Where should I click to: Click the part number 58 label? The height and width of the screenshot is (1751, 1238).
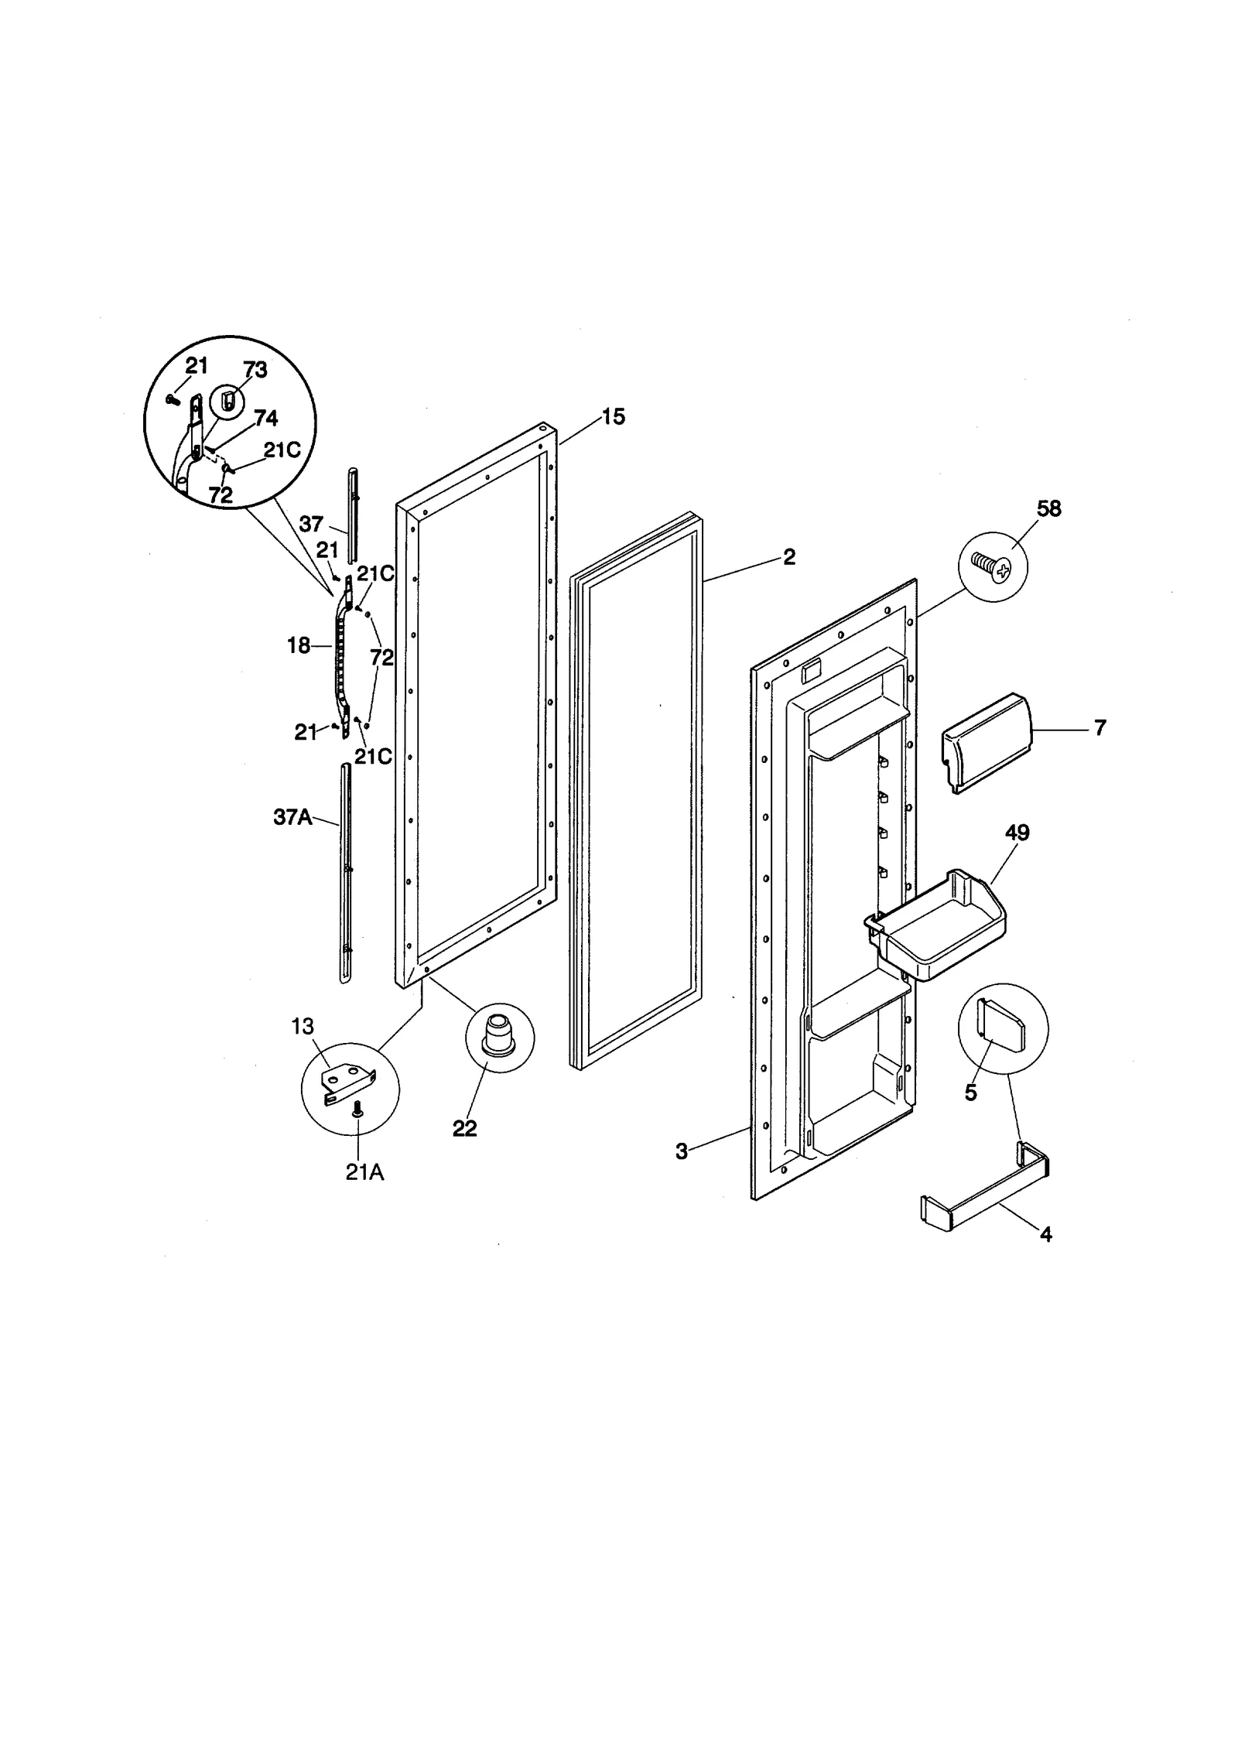(1049, 508)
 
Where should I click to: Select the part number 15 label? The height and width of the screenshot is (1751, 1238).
(613, 417)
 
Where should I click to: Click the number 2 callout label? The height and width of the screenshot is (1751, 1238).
(788, 556)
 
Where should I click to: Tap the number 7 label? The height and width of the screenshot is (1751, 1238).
(1100, 727)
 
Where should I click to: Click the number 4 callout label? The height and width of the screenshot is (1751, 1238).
(1045, 1234)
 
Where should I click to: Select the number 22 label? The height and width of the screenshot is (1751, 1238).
(464, 1128)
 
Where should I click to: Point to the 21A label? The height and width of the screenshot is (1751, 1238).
(364, 1172)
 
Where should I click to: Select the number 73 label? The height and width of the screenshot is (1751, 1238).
(255, 370)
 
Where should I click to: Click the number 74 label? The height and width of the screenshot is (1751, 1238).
(265, 419)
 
